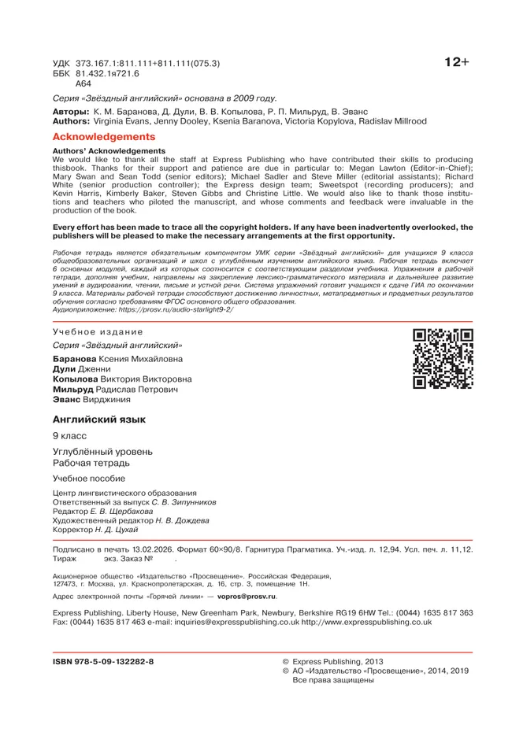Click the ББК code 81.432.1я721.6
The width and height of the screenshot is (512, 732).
click(x=107, y=72)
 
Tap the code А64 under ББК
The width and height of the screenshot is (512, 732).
click(x=83, y=83)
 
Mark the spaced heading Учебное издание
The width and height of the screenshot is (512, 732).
click(x=98, y=331)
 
